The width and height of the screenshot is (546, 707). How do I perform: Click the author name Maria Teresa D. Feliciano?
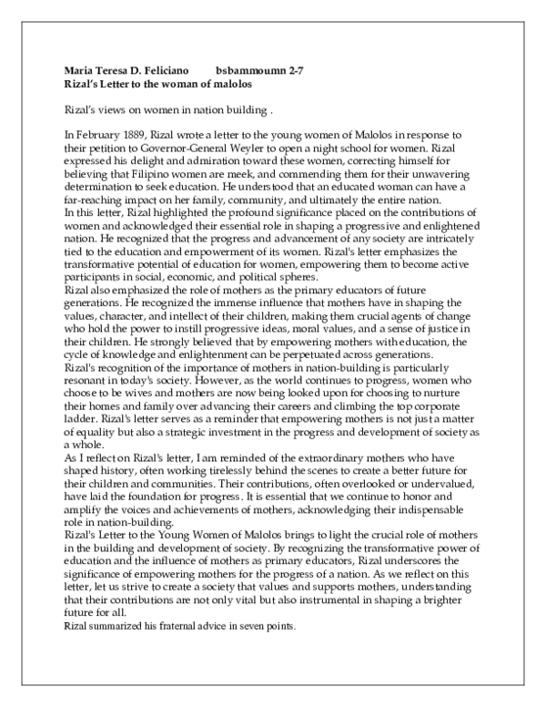coord(127,69)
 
